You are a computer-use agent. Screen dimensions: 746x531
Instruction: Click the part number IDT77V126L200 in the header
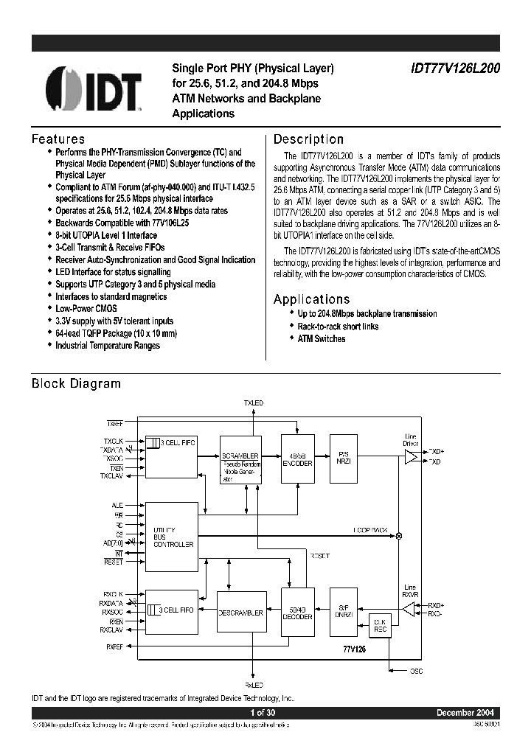point(455,68)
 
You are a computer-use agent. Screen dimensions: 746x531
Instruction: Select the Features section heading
point(58,139)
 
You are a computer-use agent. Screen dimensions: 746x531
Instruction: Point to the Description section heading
point(308,139)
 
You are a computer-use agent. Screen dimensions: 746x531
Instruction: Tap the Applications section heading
point(311,299)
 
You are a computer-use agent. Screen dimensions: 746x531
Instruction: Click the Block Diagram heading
point(76,383)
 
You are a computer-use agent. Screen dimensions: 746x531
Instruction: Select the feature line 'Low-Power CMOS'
point(86,308)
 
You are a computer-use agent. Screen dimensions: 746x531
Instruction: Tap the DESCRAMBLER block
point(240,613)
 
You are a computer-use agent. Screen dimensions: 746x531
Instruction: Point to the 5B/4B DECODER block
point(297,613)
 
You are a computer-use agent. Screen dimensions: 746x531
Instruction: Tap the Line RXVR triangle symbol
point(409,609)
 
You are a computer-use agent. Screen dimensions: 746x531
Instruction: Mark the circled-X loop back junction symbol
point(399,536)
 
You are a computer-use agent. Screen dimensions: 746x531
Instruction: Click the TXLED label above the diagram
point(253,402)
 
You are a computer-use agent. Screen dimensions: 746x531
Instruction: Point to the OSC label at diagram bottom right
point(417,672)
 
